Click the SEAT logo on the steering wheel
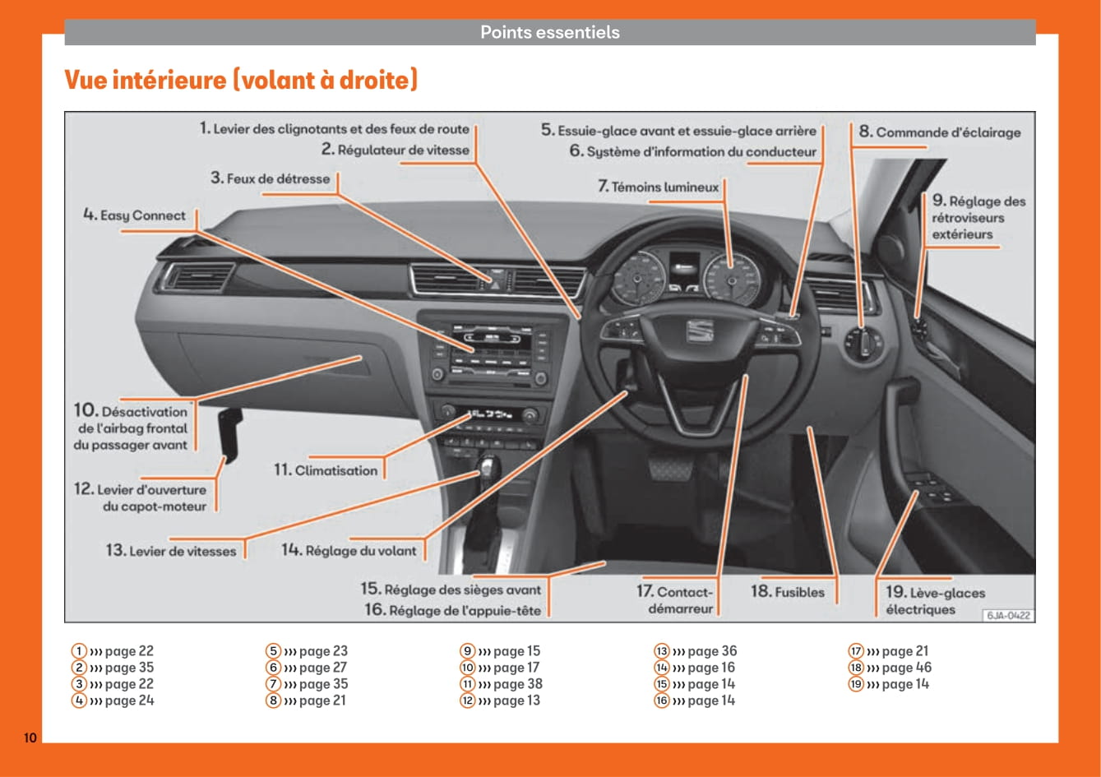(701, 332)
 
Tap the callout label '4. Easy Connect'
(135, 215)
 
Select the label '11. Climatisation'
(326, 470)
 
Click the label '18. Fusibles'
(787, 591)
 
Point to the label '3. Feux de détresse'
(270, 178)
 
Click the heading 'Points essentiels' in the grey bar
(549, 33)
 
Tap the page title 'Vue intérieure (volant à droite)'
(241, 81)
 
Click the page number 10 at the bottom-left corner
(30, 738)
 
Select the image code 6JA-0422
(1007, 615)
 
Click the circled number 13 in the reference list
(661, 651)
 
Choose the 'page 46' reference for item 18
(899, 668)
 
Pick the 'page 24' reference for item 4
(122, 701)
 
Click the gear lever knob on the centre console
(490, 468)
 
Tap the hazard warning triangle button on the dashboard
(497, 280)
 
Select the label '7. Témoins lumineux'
(659, 187)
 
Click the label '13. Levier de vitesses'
(170, 551)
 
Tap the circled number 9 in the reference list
(467, 651)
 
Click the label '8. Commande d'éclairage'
(940, 132)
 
